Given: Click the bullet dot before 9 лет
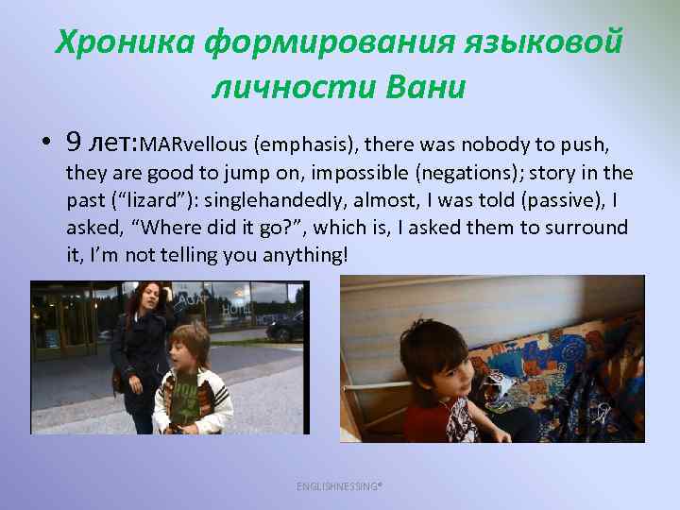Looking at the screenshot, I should tap(45, 144).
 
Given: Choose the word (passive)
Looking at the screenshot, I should tap(552, 201).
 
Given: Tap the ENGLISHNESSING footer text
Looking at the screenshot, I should tap(340, 485).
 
